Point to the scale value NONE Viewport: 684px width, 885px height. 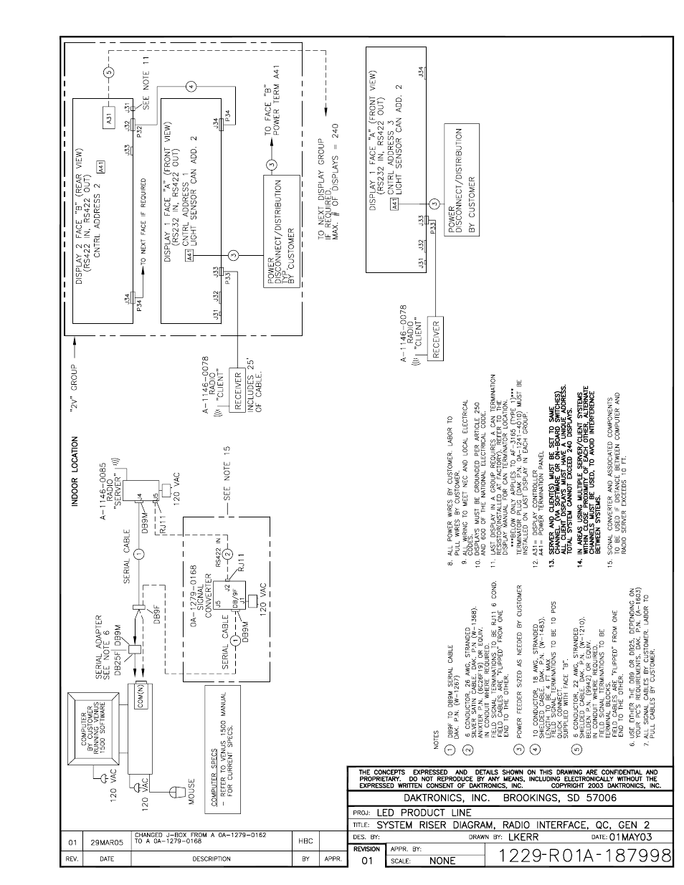[442, 861]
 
